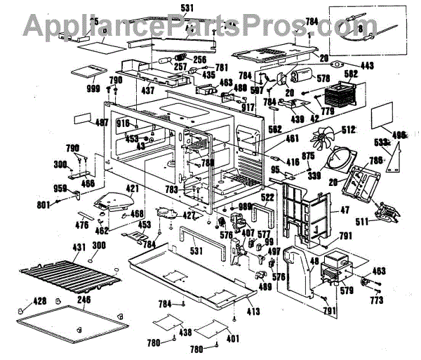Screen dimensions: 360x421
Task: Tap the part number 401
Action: (232, 338)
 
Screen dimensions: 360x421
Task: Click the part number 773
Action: (376, 301)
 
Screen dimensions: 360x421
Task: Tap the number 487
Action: (102, 123)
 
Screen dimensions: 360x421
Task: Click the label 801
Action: (44, 205)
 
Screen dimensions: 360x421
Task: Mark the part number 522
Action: (268, 198)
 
